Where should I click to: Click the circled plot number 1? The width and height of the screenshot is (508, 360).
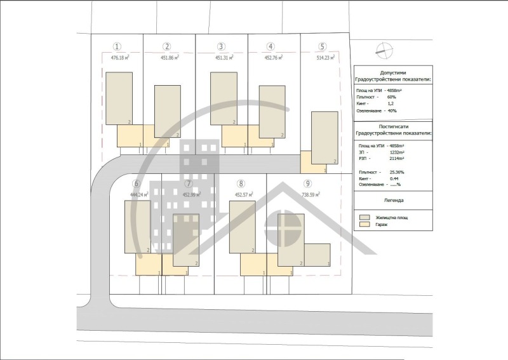click(117, 46)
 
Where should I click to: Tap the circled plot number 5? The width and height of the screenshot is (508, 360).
click(323, 46)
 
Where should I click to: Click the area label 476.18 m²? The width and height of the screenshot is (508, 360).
click(115, 58)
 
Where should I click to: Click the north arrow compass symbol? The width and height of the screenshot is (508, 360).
click(381, 49)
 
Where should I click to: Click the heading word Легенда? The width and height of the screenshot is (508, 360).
click(392, 201)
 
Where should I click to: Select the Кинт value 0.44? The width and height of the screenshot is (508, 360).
click(394, 178)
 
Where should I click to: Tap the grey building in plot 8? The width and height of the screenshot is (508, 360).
click(242, 227)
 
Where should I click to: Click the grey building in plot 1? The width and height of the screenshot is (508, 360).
click(119, 98)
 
